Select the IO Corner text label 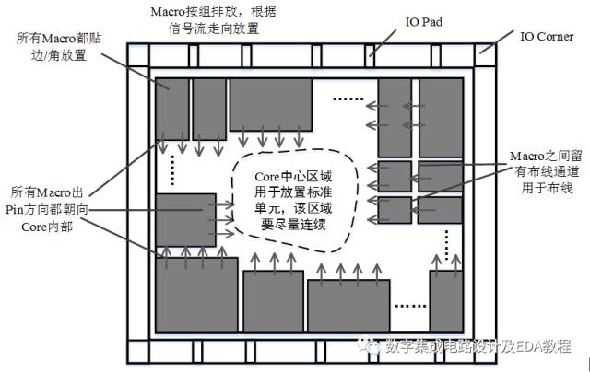coord(546,36)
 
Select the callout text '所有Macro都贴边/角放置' coord(57,48)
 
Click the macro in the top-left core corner coord(172,107)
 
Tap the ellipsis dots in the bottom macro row coord(409,305)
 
